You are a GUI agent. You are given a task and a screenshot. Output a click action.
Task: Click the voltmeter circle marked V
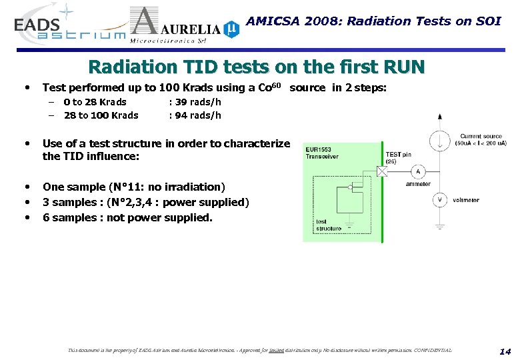(x=439, y=199)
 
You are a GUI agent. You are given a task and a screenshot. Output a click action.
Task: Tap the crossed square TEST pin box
(x=382, y=171)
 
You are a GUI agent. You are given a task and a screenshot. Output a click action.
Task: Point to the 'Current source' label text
(x=481, y=136)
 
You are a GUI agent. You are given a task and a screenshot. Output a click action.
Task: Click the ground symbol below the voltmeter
(x=439, y=226)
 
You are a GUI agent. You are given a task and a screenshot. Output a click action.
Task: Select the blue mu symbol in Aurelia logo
(x=231, y=29)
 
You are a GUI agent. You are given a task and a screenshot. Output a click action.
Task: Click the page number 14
(x=504, y=351)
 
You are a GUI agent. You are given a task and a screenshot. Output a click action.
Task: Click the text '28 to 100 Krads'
(x=101, y=115)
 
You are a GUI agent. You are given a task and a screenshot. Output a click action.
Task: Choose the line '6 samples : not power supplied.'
(x=127, y=217)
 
